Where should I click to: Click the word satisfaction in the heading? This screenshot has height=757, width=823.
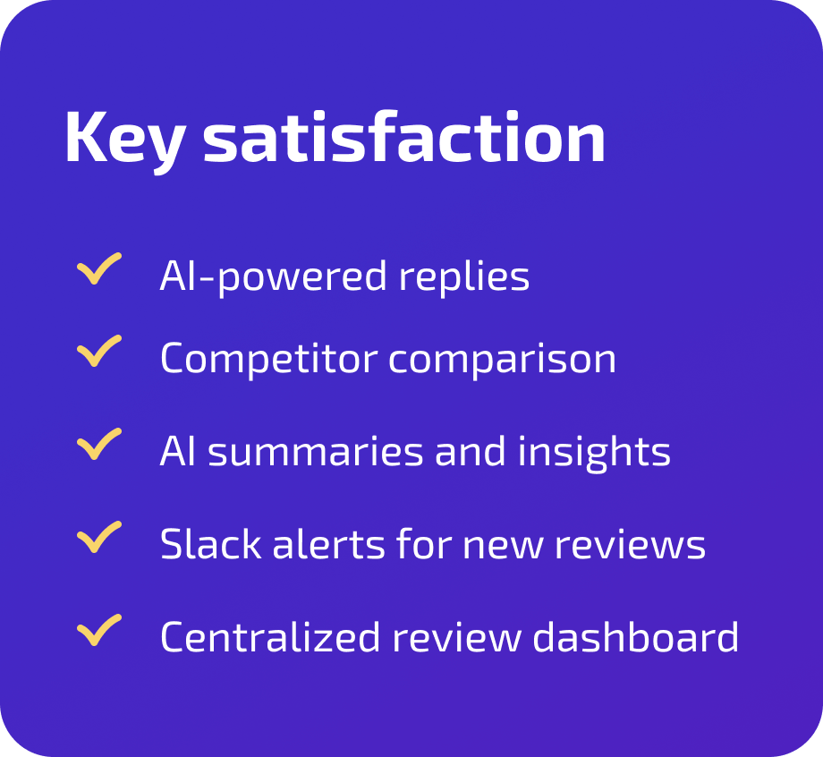403,138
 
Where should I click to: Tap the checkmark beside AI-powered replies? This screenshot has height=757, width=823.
99,268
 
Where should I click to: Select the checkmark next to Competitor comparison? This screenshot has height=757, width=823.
99,352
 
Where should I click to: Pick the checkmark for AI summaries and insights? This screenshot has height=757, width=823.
99,445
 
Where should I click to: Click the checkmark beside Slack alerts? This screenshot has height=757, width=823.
99,538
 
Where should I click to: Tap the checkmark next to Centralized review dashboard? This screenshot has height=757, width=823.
99,631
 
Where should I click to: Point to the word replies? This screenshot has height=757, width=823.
464,277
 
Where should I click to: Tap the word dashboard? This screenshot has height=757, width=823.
636,638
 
